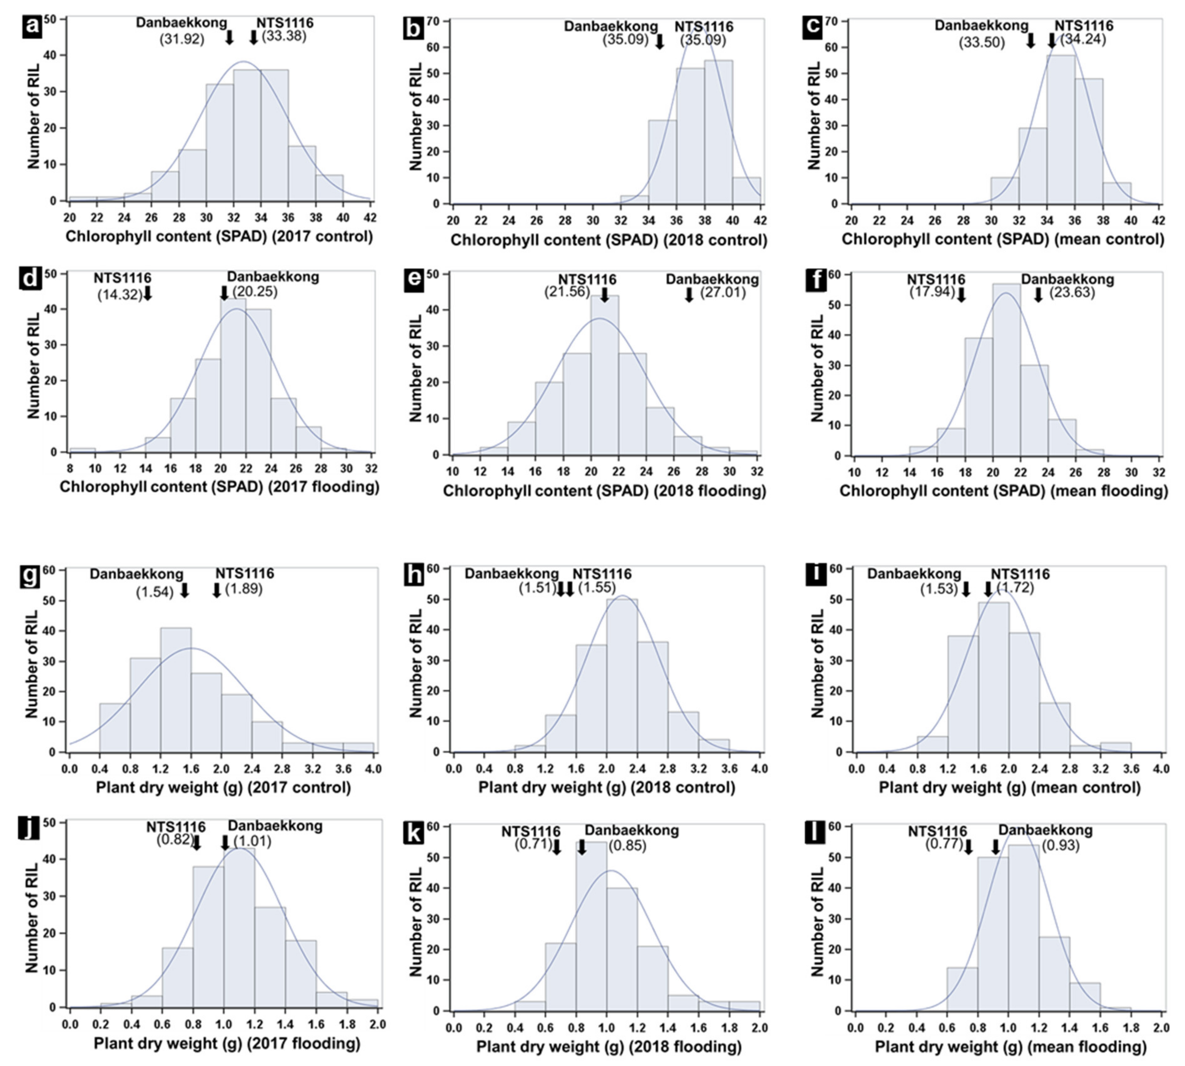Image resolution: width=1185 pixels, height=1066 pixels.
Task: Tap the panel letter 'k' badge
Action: click(x=414, y=833)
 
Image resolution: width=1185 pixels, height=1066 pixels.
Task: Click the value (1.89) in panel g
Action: click(x=244, y=589)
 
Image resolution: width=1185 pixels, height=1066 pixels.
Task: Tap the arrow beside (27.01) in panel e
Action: click(x=689, y=294)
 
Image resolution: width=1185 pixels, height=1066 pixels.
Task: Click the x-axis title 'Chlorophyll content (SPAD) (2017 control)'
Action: click(x=219, y=237)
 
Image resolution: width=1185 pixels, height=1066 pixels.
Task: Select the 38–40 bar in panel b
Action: click(x=718, y=132)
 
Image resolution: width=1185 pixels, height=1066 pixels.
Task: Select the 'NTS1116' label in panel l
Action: click(x=937, y=831)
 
